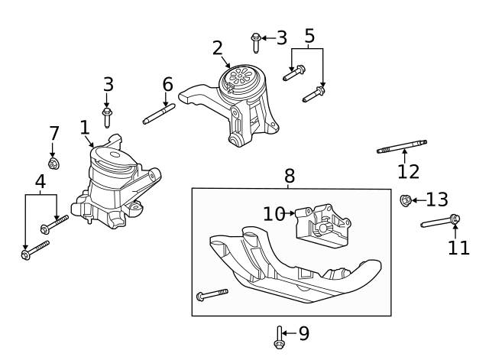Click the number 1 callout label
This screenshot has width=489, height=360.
[x=85, y=127]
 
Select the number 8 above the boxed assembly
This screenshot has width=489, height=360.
[x=290, y=177]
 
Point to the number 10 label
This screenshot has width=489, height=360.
[x=274, y=215]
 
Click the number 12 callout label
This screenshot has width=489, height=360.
[x=409, y=170]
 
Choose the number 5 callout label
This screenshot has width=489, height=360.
[x=309, y=35]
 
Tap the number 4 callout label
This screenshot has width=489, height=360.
[x=40, y=181]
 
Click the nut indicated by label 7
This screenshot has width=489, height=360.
[x=53, y=164]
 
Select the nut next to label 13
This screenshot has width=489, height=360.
[x=406, y=201]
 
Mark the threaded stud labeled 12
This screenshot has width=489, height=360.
[x=402, y=146]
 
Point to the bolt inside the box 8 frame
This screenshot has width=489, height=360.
[x=212, y=294]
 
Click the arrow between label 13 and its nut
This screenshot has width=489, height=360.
[x=419, y=201]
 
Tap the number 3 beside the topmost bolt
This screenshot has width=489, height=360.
[x=281, y=37]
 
